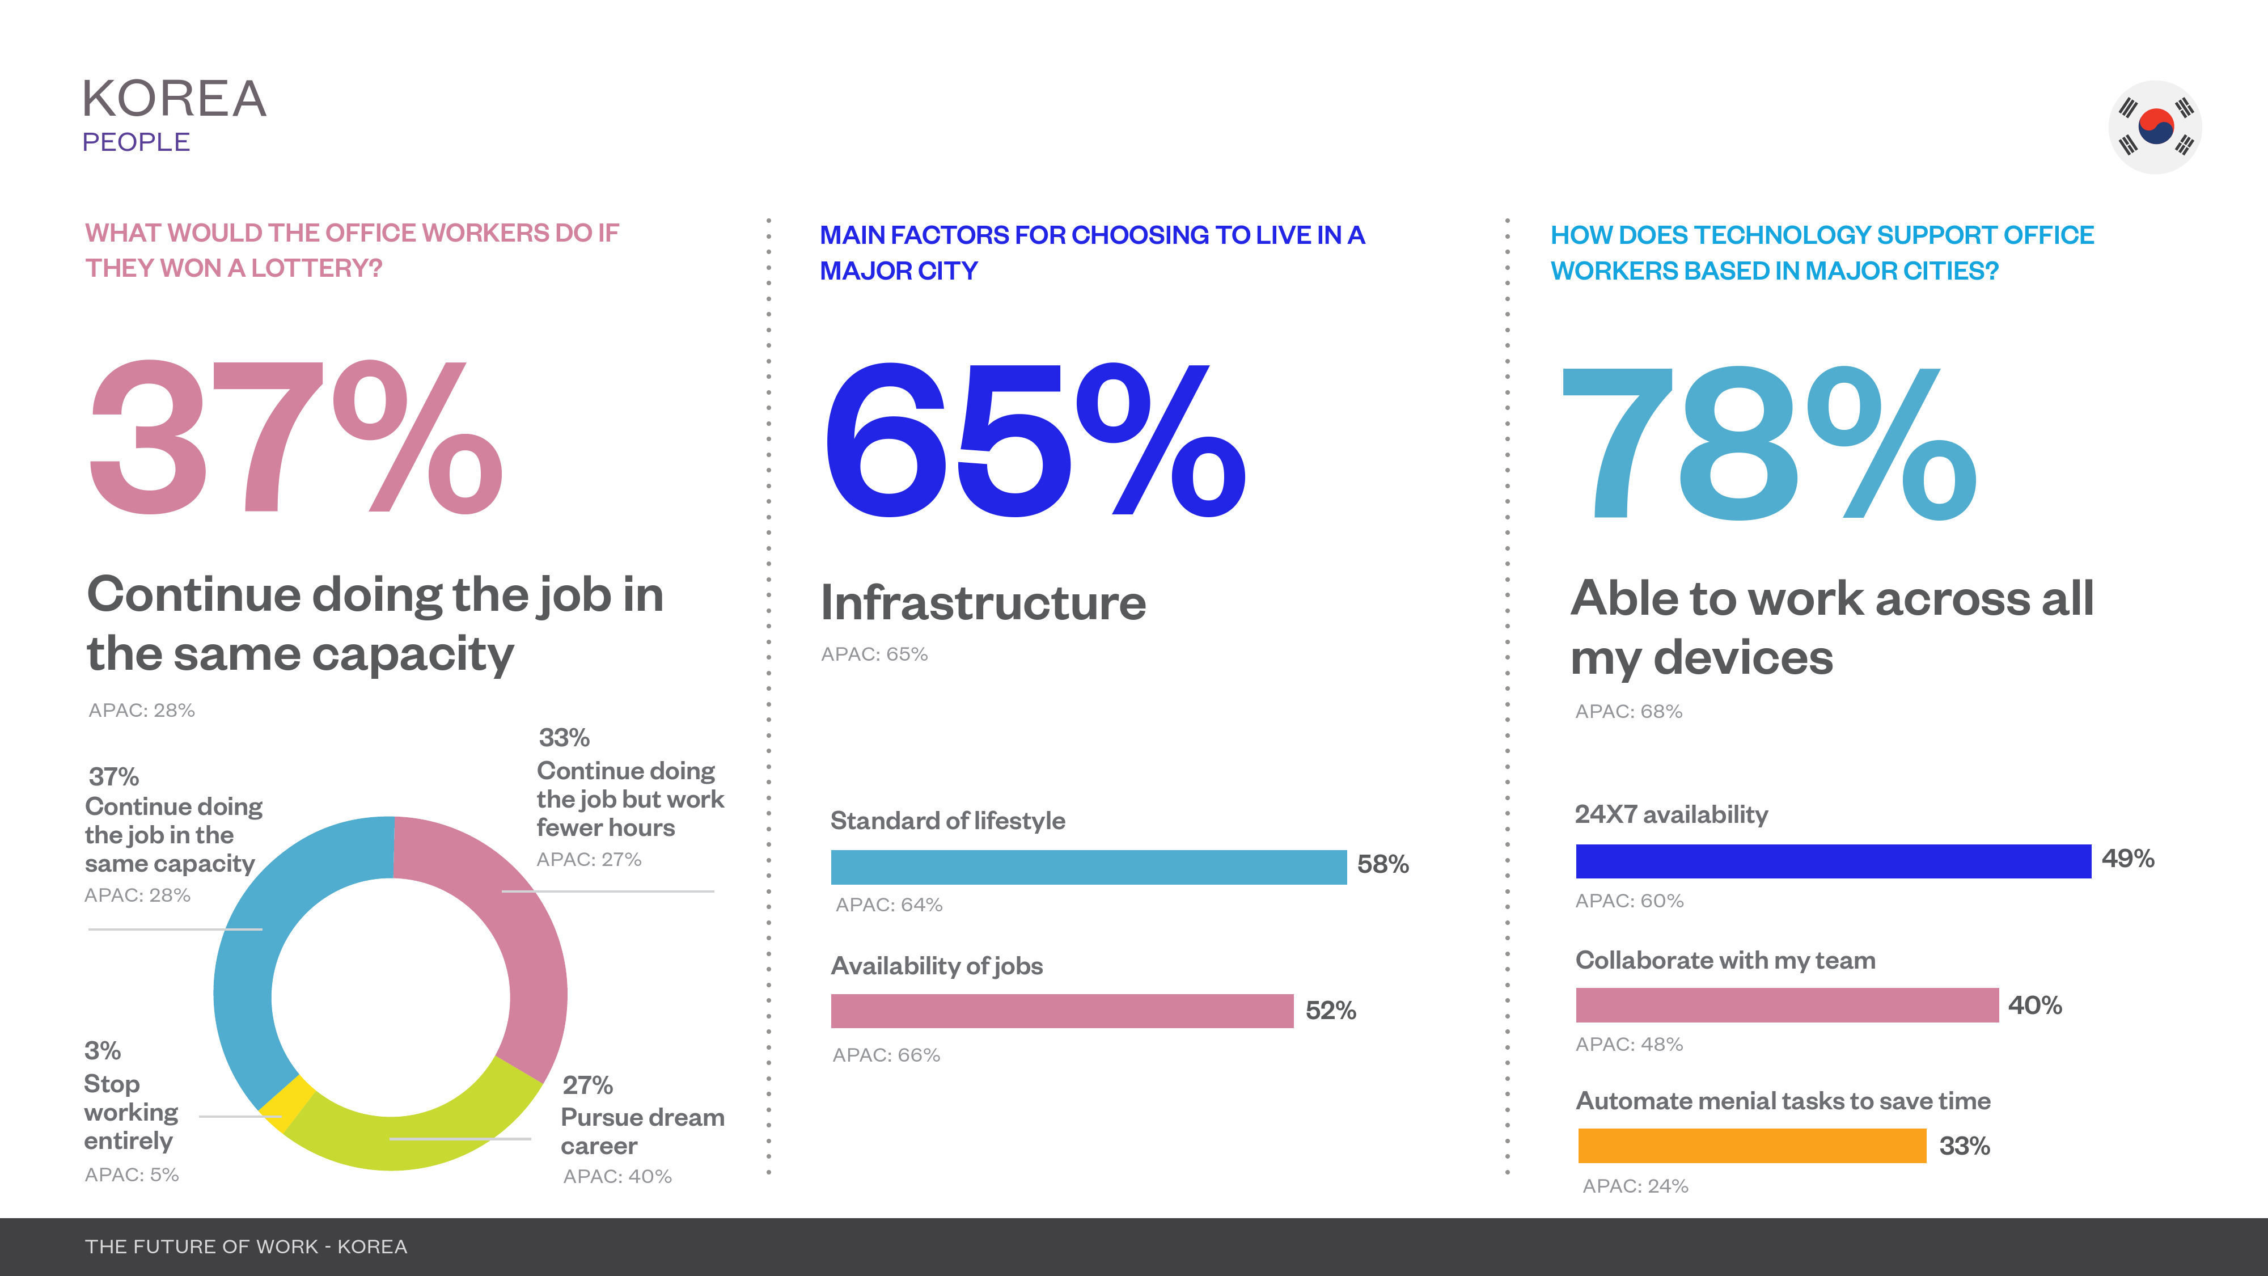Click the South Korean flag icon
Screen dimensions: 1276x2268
coord(2155,127)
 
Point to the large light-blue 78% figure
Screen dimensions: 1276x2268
coord(1768,443)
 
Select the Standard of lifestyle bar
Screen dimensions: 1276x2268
coord(1088,868)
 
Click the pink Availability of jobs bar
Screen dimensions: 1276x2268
coord(1062,1011)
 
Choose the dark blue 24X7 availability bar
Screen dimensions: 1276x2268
coord(1833,861)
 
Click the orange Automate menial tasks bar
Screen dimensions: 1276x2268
coord(1751,1146)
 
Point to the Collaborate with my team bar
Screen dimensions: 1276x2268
coord(1787,1005)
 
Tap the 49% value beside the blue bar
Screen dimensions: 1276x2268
coord(2127,859)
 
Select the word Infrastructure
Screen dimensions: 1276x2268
coord(983,603)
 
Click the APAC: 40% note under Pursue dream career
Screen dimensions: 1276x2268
coord(617,1177)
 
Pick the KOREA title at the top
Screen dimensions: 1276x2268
coord(174,99)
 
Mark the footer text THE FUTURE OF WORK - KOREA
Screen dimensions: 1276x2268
coord(246,1247)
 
